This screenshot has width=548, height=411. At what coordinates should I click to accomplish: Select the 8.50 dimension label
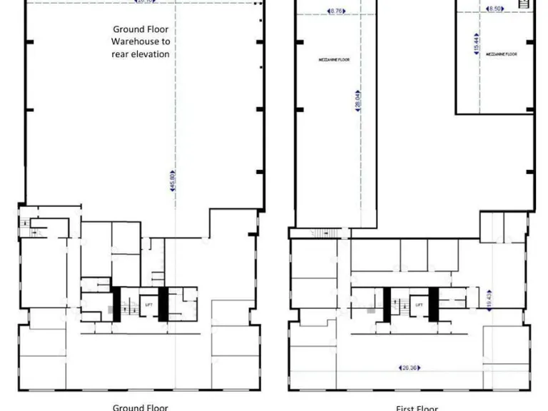tap(494, 9)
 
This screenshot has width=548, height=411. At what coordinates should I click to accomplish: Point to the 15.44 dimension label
tap(476, 42)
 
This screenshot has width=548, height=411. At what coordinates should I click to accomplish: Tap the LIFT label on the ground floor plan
tap(148, 305)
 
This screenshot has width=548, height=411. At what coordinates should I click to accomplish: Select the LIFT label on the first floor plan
tap(419, 305)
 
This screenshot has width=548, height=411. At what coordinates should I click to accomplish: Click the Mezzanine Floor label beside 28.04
tap(333, 60)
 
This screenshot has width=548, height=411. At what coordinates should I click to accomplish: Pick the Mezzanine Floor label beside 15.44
tap(501, 54)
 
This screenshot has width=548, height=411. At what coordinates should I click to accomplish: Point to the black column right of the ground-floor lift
tap(163, 303)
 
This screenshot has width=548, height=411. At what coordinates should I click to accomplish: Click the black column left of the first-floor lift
tap(387, 303)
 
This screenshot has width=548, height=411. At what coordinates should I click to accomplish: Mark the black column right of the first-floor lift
tap(432, 303)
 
